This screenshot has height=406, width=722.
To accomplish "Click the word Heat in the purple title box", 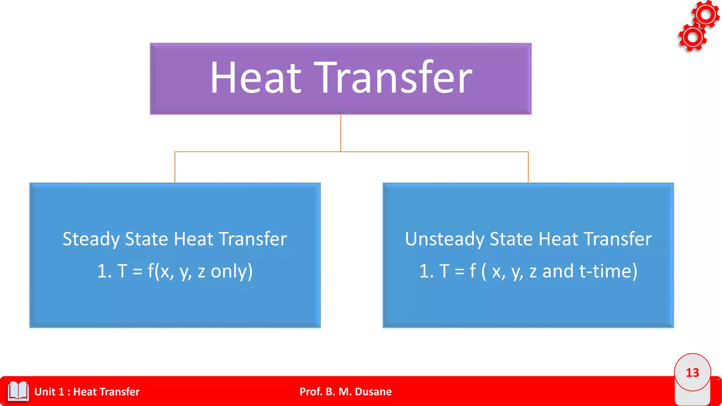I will [256, 78].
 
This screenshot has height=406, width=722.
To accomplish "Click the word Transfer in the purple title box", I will [393, 78].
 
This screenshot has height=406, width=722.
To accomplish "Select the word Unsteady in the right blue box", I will [445, 239].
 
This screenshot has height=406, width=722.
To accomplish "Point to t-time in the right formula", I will [608, 271].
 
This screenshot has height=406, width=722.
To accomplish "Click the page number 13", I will [692, 373].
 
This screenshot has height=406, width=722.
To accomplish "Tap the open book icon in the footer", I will [18, 391].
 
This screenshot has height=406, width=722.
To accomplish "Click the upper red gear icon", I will [706, 14].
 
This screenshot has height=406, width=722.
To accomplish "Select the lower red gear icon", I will [692, 37].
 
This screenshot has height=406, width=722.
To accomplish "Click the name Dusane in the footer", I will [373, 392].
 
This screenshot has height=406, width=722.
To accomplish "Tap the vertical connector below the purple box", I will [341, 133].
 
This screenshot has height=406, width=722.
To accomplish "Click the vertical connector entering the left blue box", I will [175, 167].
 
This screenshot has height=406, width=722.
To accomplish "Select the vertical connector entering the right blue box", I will [528, 167].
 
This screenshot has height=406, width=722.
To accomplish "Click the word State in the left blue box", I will [147, 239].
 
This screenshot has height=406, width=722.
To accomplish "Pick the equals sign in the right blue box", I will [459, 272].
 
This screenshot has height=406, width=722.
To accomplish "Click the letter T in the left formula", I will [122, 271].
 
